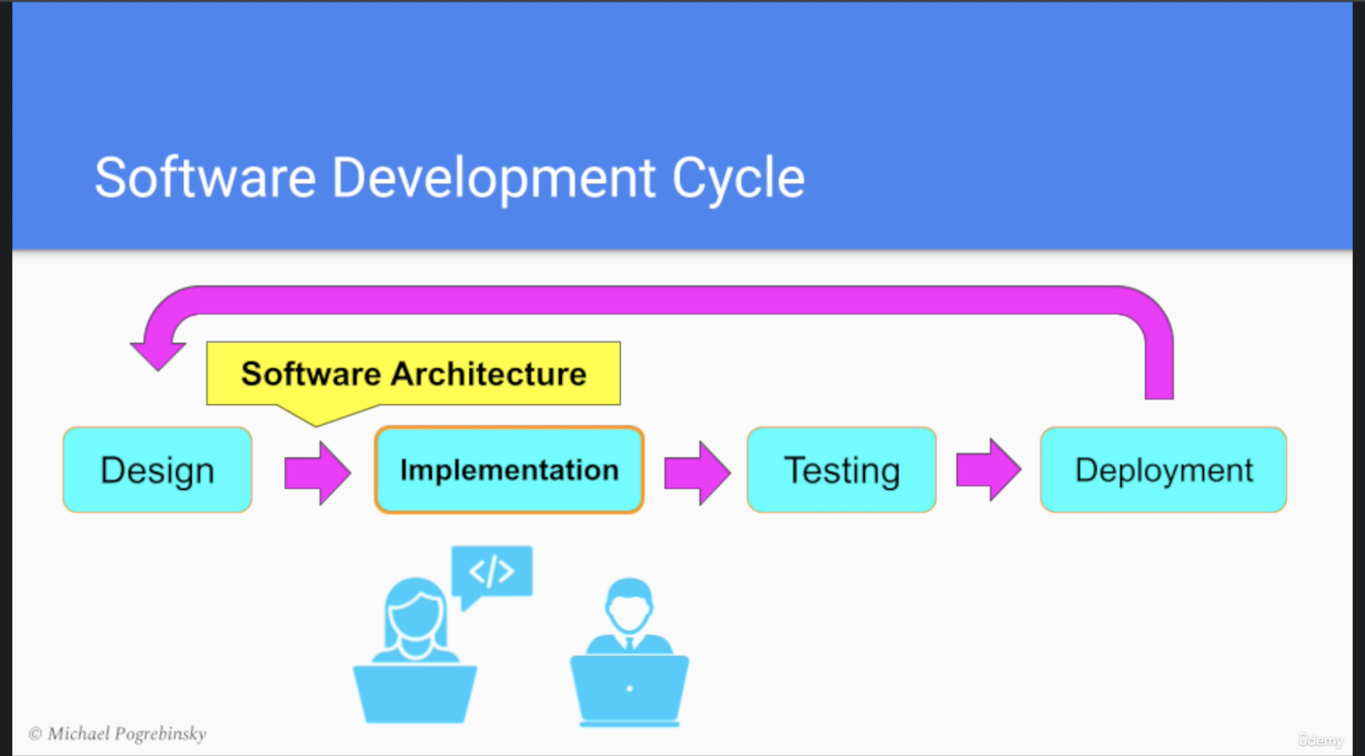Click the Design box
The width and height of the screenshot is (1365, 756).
[157, 470]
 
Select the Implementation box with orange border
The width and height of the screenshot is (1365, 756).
[509, 470]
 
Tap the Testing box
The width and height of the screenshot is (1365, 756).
[841, 470]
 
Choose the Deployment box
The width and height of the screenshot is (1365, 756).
[1163, 470]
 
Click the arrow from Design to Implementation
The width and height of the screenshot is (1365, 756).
[318, 473]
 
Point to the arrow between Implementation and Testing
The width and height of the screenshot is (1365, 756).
[697, 473]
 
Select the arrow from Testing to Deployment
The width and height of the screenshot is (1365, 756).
[988, 470]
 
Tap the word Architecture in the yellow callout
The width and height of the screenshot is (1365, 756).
[489, 374]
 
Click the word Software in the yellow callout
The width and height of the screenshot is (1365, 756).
[311, 374]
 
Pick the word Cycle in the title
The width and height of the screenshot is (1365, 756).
[738, 178]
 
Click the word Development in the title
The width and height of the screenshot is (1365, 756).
[493, 178]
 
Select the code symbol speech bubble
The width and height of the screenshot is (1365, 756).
[491, 572]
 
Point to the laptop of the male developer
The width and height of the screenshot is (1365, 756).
[630, 689]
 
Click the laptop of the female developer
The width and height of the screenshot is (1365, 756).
[415, 693]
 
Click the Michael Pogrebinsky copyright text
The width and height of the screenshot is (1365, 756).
[117, 733]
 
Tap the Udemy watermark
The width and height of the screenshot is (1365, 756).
[1321, 740]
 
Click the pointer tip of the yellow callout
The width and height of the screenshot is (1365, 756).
[316, 424]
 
